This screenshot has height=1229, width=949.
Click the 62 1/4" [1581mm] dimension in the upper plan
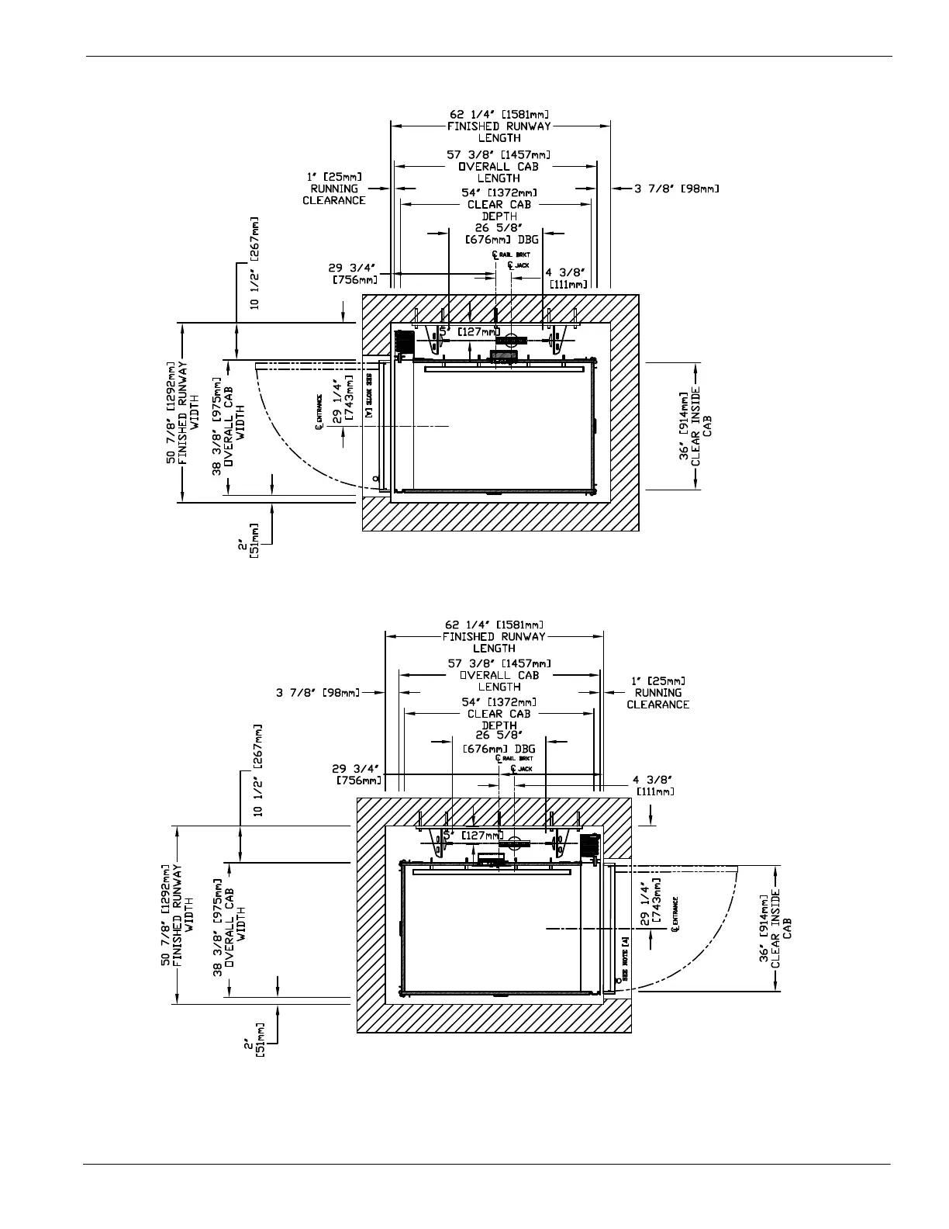point(500,115)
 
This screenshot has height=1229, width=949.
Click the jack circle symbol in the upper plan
point(511,339)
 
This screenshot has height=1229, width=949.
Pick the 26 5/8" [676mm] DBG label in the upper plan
point(501,234)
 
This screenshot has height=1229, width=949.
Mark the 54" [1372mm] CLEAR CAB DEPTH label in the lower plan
point(500,713)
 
